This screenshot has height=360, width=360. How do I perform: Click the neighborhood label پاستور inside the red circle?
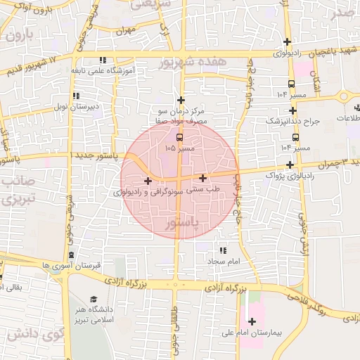[x=181, y=223]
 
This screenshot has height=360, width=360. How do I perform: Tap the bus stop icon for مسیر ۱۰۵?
[x=179, y=136]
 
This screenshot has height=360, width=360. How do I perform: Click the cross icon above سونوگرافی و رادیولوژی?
[x=148, y=181]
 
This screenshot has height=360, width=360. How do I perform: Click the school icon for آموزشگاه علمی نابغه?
[x=103, y=60]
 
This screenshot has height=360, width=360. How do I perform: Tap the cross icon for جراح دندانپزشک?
[x=292, y=110]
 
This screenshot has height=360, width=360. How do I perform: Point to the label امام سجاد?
[x=224, y=261]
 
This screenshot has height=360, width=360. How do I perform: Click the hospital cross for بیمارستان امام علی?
[x=252, y=321]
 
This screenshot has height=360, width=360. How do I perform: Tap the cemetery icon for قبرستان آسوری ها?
[x=71, y=255]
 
